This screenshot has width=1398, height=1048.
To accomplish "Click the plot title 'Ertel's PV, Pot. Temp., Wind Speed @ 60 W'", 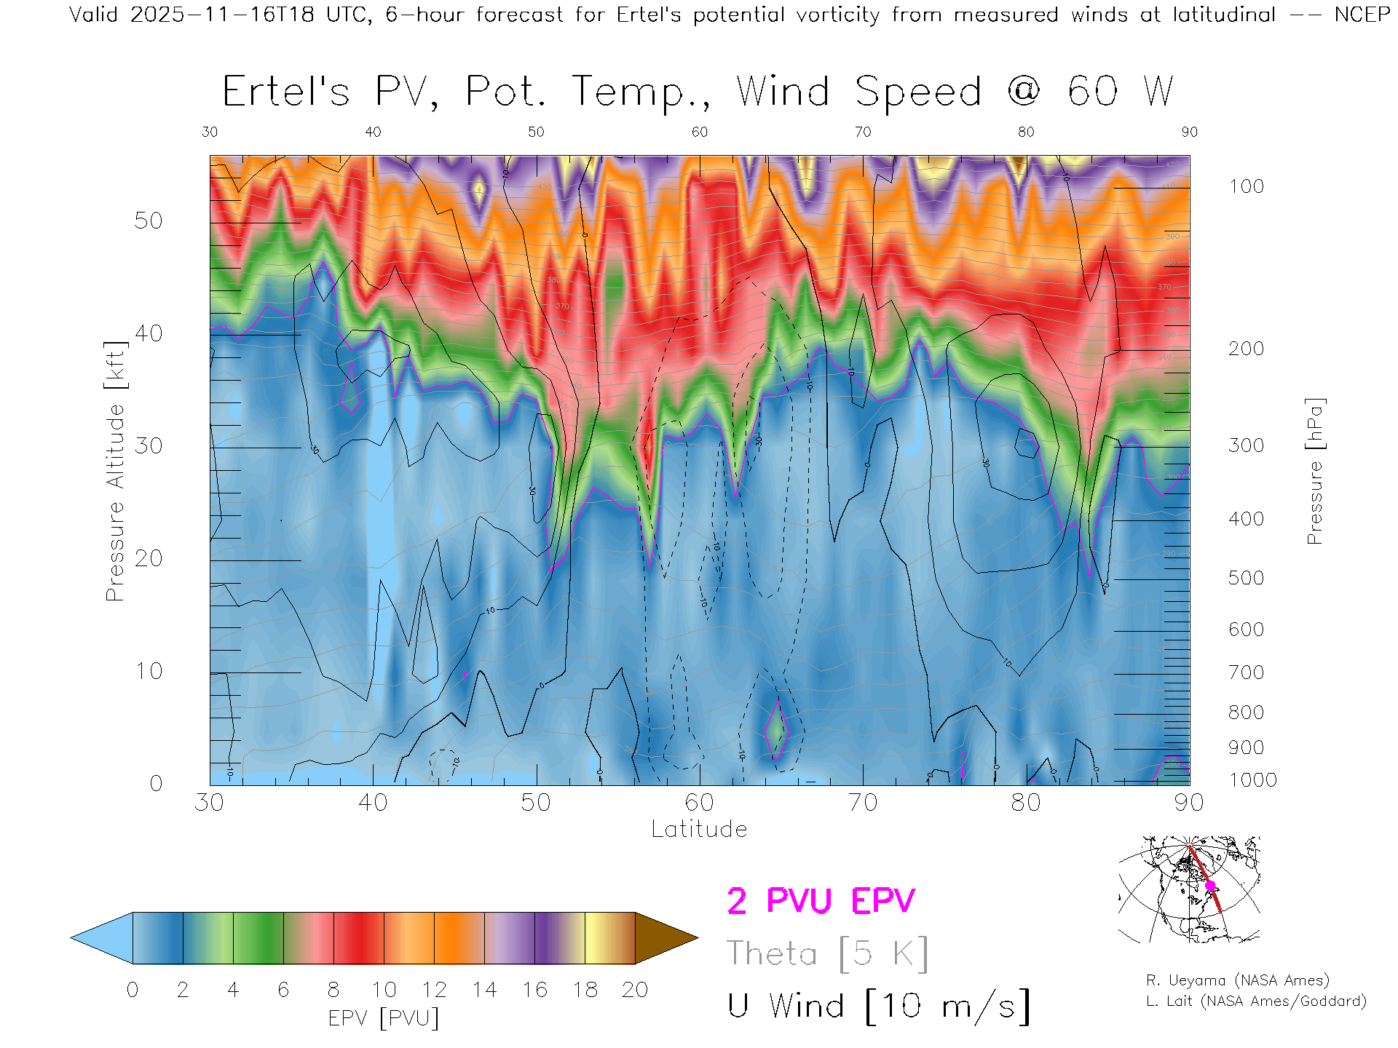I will (698, 92).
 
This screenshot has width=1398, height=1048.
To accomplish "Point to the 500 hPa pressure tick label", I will (1246, 579).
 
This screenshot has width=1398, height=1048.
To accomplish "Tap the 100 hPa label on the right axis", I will (1246, 187).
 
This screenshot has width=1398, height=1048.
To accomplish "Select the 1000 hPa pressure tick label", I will (1252, 781).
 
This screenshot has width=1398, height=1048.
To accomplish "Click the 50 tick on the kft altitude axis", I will (148, 221).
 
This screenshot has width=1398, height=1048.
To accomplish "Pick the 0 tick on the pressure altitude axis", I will (156, 784).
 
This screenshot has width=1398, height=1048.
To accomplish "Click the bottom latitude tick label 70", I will (863, 803).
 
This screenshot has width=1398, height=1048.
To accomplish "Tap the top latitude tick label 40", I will (373, 132).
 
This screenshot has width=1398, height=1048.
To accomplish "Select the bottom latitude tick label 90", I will (1189, 803).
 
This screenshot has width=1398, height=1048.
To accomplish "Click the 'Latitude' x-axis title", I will (699, 830).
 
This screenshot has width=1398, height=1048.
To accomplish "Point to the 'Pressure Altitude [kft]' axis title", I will (115, 472).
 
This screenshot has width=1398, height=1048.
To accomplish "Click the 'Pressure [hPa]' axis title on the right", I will (1314, 472).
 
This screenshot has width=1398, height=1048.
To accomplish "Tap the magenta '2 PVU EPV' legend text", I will (821, 902).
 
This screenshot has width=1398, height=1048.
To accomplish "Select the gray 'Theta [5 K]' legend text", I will (827, 954).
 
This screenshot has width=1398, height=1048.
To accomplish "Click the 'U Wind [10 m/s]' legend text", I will (878, 1007).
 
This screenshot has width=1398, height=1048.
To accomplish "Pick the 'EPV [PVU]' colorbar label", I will (384, 1018).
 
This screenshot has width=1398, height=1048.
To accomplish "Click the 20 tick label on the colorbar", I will (635, 991).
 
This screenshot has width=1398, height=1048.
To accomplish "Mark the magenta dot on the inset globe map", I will (1210, 886).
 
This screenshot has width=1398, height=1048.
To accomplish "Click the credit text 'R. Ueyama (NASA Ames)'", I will (1237, 981).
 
